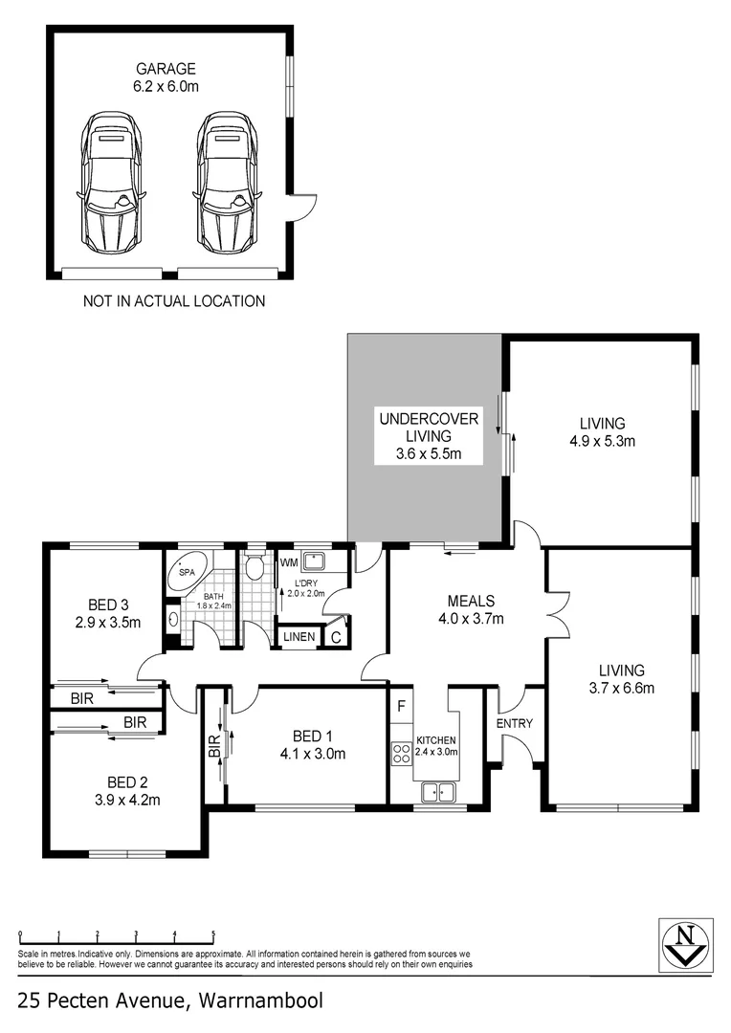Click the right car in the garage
coord(230,181)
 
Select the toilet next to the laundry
coord(254,569)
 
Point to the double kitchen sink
coord(439,791)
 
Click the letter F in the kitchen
coord(400,709)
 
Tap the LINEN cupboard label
coord(298,636)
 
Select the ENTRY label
coord(514,723)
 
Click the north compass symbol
coord(685,944)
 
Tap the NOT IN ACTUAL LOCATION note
coord(174,301)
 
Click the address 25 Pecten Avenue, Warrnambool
coord(170,1001)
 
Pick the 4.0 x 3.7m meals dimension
coord(471,618)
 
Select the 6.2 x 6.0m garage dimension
coord(165,85)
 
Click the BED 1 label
coord(312,736)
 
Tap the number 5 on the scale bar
coord(212,934)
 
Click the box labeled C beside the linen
coord(336,636)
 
